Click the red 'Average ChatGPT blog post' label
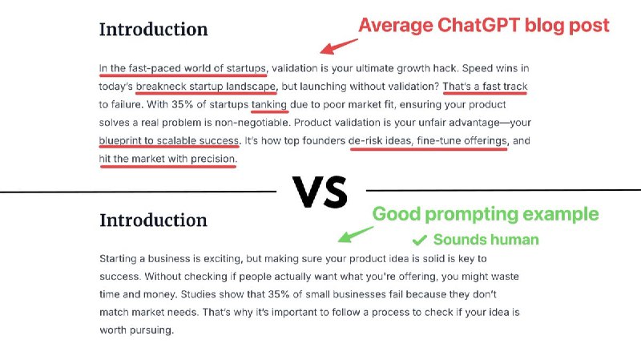484,26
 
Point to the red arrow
338,47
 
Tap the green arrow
355,234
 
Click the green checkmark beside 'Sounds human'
420,240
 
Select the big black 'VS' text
320,192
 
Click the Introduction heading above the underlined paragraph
154,30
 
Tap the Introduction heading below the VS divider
154,220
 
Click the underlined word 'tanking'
269,105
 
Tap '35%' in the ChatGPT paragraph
183,104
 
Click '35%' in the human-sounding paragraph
279,294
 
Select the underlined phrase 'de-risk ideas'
380,141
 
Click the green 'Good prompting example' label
486,214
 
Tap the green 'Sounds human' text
486,239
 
